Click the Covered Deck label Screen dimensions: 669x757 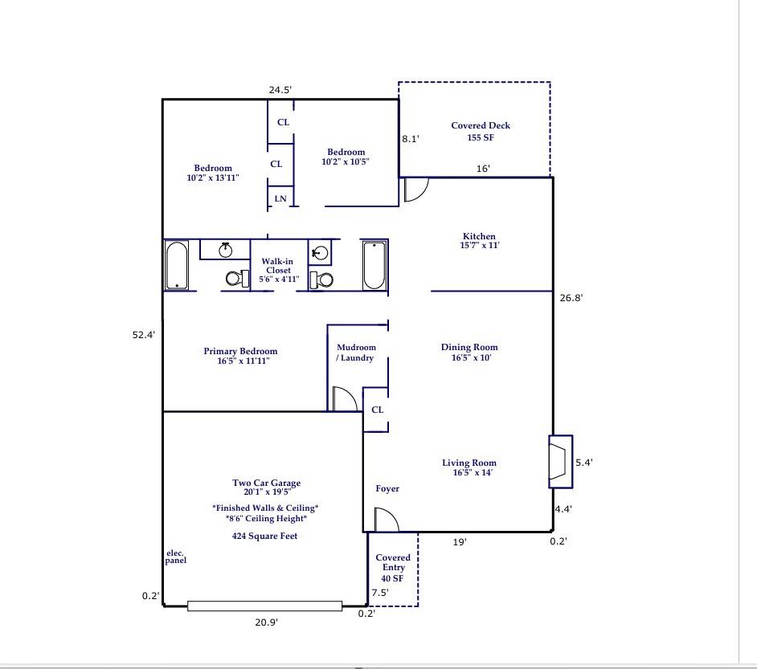[481, 132]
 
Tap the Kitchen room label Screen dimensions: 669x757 [479, 241]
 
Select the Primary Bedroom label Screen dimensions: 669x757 [240, 356]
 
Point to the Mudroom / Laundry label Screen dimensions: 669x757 [356, 353]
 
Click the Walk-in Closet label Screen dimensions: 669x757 [278, 270]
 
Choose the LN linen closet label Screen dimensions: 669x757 [280, 198]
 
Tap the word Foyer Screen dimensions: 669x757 [387, 488]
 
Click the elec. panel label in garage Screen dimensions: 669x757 [176, 557]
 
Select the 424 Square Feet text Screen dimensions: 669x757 [264, 536]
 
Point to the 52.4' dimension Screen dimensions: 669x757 [144, 335]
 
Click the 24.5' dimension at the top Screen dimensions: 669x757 [280, 90]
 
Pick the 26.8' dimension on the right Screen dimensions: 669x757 [571, 298]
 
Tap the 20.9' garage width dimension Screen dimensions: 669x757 [266, 622]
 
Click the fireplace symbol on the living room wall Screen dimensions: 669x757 [560, 461]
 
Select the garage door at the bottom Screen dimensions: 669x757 [264, 606]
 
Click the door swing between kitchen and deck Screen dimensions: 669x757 [415, 189]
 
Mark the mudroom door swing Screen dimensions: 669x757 [344, 399]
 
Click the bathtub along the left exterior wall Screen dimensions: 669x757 [176, 266]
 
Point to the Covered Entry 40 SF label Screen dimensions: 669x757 [393, 568]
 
